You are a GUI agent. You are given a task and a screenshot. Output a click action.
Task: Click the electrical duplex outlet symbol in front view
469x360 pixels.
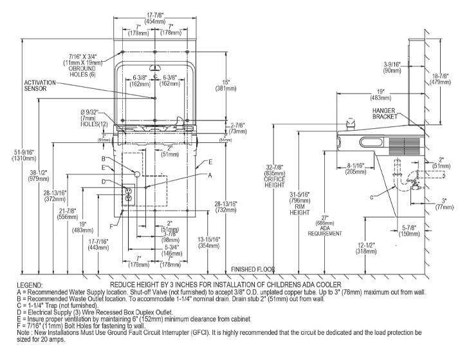click(127, 194)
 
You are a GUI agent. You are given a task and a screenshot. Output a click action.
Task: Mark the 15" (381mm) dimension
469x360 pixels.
click(228, 86)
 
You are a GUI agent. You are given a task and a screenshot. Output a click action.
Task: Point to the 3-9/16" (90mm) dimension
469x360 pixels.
click(392, 66)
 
